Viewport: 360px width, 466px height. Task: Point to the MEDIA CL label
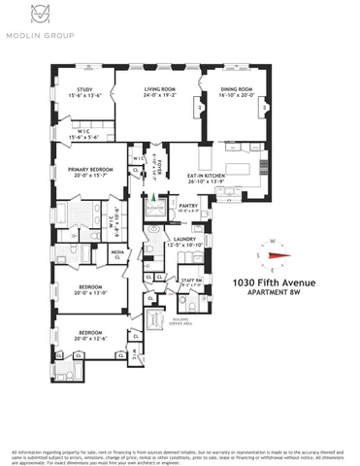click(117, 255)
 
